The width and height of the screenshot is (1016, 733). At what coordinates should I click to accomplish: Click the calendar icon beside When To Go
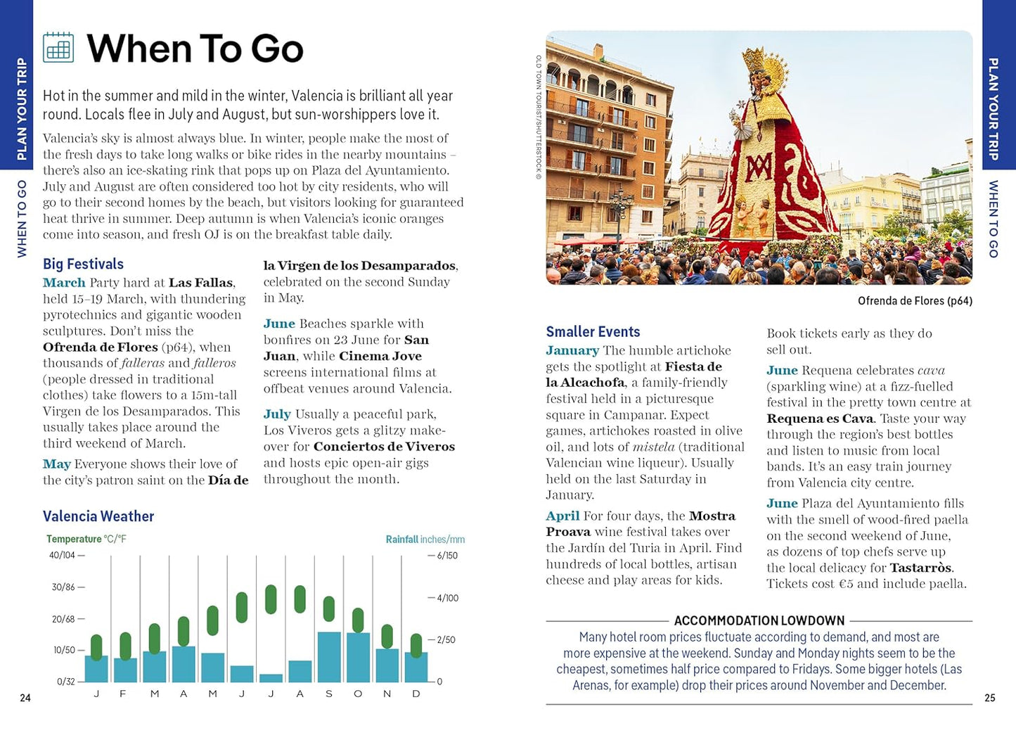58,47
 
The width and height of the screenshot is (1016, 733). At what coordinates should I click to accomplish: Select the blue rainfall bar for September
329,656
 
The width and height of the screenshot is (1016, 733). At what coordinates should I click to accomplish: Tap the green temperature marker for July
271,599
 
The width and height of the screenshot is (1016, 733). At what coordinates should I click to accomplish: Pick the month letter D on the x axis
416,694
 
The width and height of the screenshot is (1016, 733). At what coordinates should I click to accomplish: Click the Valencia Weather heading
98,516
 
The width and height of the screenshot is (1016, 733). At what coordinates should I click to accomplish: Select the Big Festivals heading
83,264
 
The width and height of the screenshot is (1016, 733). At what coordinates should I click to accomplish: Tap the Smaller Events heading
593,332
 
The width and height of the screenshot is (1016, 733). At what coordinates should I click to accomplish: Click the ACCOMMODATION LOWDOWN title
759,620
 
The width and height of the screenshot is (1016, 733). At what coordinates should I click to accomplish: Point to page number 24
25,698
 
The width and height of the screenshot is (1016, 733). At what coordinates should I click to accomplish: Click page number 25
990,698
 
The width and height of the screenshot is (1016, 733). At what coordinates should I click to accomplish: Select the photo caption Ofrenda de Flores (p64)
915,301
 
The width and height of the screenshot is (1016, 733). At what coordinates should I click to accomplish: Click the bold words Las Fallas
200,283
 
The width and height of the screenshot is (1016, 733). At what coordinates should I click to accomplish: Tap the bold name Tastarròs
920,568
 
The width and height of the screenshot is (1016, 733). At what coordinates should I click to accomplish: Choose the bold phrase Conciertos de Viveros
384,447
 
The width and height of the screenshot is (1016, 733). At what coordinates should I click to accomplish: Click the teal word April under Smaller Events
562,516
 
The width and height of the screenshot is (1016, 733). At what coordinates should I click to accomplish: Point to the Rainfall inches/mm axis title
425,540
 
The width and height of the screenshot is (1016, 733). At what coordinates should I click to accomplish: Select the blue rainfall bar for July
271,678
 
